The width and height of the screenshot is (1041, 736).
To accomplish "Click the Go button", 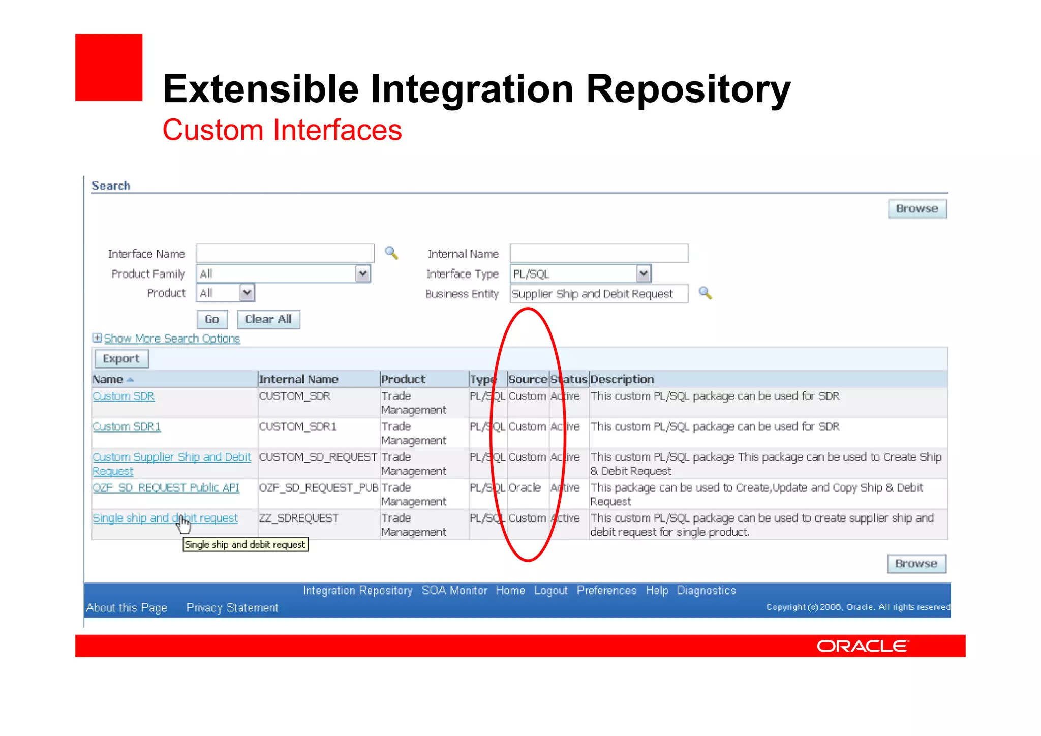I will [x=212, y=320].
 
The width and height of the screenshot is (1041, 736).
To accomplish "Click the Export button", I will [x=121, y=359].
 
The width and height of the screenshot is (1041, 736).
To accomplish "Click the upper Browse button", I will [x=917, y=209].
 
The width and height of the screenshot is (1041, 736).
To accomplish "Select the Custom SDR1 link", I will [x=127, y=427].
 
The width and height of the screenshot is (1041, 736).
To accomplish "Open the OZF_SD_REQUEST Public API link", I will [x=166, y=488].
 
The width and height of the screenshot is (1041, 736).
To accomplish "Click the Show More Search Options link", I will [x=171, y=339].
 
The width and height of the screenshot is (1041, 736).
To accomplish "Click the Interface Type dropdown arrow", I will [x=644, y=274].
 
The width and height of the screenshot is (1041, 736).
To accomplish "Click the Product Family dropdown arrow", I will [x=362, y=274].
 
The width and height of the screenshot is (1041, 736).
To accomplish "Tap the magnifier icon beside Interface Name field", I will [x=391, y=253].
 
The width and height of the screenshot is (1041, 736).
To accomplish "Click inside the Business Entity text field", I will [x=598, y=294].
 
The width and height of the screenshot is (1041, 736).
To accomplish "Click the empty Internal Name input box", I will [x=598, y=254].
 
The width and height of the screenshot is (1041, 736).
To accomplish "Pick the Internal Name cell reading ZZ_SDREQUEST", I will [x=299, y=518].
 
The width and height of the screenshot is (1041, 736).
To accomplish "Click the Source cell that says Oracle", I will [x=525, y=488].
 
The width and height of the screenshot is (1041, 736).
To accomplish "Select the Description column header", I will [x=622, y=380].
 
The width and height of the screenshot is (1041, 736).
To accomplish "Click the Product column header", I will [x=403, y=380].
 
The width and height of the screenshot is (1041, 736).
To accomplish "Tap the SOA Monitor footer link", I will [x=454, y=591].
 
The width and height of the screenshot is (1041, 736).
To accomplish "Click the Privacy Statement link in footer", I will [x=232, y=608].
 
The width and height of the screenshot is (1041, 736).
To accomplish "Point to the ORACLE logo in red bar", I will [x=863, y=646].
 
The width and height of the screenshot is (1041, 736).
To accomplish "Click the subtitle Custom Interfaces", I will [x=282, y=130].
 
